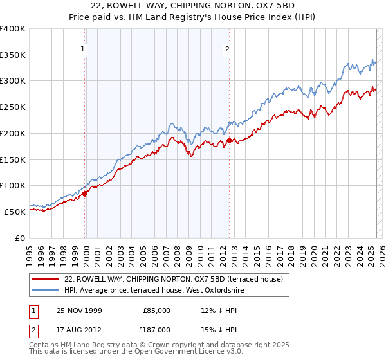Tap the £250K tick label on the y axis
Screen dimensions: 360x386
(12, 107)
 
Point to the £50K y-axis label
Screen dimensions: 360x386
(14, 211)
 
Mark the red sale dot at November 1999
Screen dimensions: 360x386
(84, 194)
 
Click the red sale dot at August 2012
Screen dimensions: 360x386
(229, 140)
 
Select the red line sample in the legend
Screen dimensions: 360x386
(46, 279)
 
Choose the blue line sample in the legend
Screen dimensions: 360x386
(46, 290)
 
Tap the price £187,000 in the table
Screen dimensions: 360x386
(156, 328)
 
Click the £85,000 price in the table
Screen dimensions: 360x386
(156, 310)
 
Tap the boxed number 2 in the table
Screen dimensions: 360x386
(33, 328)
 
